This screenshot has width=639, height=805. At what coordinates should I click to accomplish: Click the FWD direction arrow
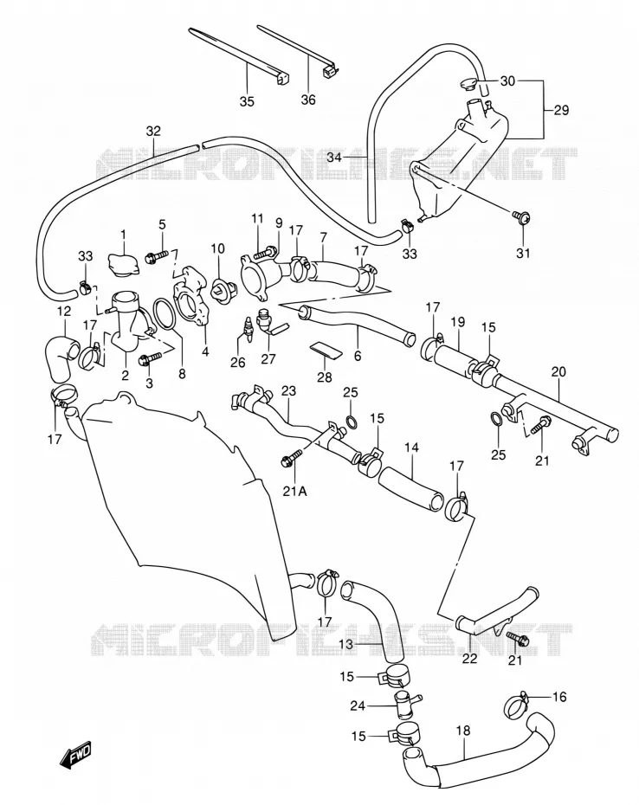[75, 756]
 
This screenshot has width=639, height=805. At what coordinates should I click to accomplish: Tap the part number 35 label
[247, 101]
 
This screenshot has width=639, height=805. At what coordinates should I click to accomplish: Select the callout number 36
[308, 100]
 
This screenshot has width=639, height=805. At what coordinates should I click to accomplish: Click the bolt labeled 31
[521, 216]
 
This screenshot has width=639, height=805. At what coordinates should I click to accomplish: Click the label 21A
[295, 492]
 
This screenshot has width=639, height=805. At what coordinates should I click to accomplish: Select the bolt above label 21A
[291, 459]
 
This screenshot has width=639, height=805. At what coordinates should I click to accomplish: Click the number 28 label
[324, 377]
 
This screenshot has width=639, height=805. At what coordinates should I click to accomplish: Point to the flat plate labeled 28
[326, 349]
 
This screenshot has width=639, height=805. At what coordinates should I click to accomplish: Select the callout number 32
[153, 131]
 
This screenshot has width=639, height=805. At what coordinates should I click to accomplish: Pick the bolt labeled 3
[150, 357]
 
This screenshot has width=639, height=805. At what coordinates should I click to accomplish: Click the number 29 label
[561, 110]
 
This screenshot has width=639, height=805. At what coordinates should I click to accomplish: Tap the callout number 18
[463, 730]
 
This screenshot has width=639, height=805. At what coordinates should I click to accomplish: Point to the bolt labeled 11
[266, 252]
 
